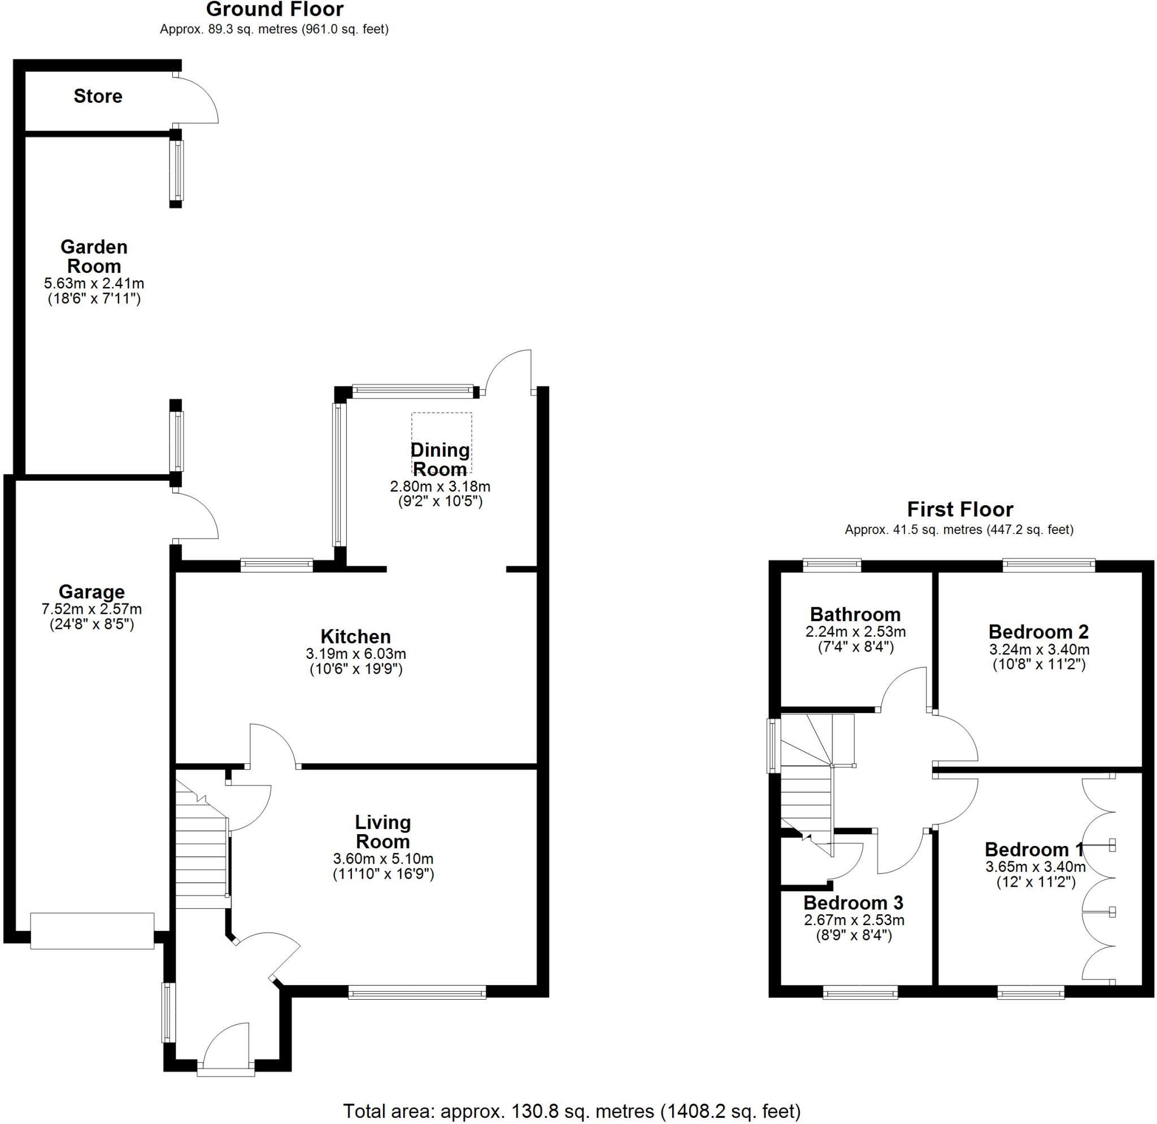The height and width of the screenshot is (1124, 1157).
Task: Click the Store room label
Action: [97, 96]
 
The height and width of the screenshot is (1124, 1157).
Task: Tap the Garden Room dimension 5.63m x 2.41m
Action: [94, 283]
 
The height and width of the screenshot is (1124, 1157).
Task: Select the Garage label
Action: [92, 592]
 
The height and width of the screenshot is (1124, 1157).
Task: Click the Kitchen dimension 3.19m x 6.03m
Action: [355, 654]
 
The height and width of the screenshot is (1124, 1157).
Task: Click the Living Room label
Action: [382, 832]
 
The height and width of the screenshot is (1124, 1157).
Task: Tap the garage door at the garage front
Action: [92, 931]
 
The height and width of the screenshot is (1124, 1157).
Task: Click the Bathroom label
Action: [855, 614]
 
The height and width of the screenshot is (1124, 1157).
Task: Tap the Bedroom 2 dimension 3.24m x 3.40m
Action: [1039, 650]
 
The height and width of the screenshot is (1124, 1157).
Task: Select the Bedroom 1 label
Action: [1034, 849]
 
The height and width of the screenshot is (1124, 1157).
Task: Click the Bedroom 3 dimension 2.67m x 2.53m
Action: [854, 920]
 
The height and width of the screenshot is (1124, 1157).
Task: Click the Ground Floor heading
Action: [275, 10]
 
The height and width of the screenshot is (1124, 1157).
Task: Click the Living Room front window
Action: [417, 992]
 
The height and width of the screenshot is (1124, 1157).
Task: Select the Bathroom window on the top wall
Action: [832, 566]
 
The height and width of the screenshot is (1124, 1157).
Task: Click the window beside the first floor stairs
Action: [773, 745]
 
